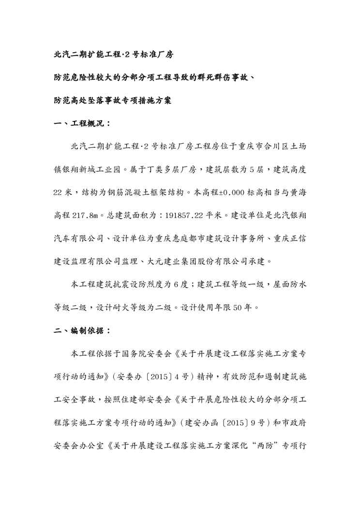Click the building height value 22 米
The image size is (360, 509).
point(62,192)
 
